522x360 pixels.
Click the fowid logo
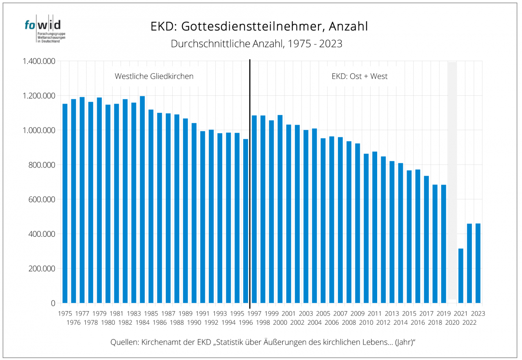(42, 30)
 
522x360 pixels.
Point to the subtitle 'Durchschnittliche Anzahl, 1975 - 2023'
(257, 44)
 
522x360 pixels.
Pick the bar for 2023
(478, 263)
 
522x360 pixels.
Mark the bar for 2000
(280, 209)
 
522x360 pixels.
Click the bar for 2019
(444, 244)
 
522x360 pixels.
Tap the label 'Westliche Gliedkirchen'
(154, 76)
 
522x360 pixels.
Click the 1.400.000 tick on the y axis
(39, 61)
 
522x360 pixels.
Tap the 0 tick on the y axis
(53, 303)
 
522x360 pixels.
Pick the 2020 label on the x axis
(452, 323)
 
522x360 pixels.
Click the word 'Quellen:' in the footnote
(124, 343)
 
